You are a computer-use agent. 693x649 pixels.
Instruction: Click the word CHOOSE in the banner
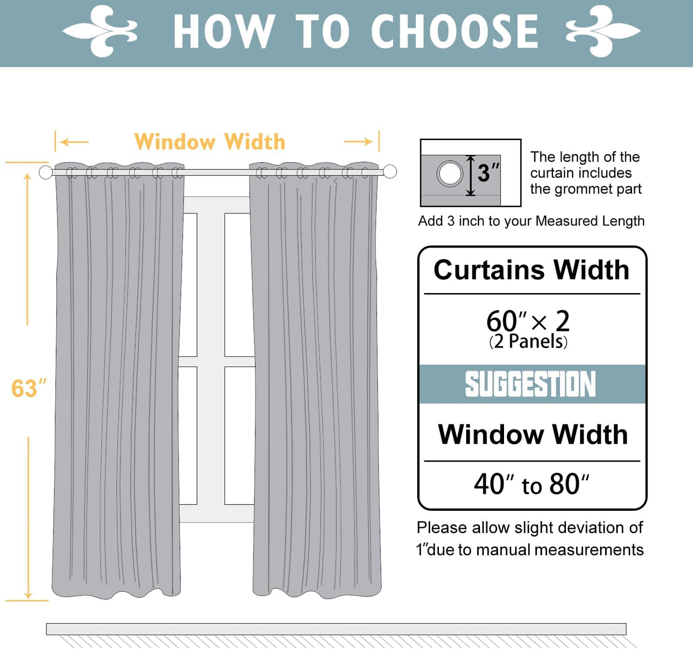(454, 32)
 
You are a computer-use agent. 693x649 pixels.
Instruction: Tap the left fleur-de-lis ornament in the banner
(100, 31)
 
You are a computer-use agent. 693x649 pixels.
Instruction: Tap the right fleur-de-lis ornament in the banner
(603, 31)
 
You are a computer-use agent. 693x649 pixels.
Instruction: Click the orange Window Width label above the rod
(210, 142)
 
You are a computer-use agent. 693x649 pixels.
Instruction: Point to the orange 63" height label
(28, 389)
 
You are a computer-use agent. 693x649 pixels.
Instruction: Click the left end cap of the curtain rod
(46, 172)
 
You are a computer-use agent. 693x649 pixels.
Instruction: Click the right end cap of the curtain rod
(390, 171)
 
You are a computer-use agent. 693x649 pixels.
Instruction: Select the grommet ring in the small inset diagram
(450, 173)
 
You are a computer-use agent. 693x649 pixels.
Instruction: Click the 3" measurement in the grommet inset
(488, 173)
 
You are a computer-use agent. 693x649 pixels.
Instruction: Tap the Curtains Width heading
(531, 270)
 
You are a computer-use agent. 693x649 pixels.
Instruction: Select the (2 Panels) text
(528, 342)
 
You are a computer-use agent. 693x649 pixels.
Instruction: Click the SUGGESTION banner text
(530, 384)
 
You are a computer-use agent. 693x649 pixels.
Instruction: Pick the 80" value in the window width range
(569, 484)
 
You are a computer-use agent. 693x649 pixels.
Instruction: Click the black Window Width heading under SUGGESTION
(532, 435)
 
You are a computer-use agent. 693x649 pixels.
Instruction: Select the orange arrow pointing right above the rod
(359, 142)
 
